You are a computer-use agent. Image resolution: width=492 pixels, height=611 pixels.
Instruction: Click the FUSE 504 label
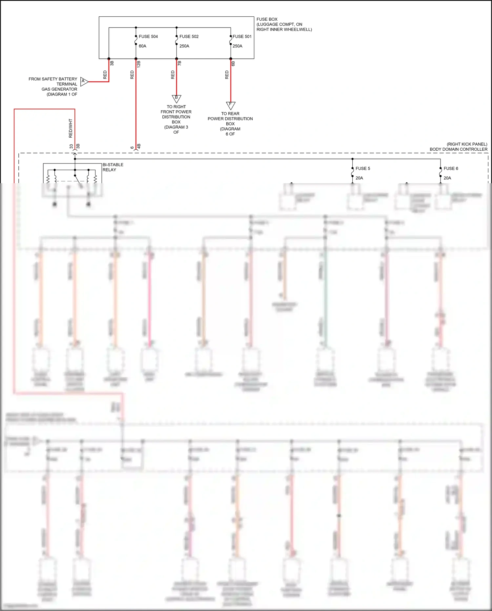(x=148, y=36)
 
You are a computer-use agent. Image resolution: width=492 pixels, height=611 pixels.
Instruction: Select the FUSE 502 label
(x=189, y=36)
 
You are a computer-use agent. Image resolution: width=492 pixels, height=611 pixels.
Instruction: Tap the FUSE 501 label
(x=242, y=36)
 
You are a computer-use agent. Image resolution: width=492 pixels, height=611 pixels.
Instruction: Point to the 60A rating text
(x=142, y=46)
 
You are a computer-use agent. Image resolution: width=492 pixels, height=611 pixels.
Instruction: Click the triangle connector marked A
(x=84, y=81)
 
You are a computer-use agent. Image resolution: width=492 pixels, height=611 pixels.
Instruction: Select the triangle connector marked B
(x=176, y=98)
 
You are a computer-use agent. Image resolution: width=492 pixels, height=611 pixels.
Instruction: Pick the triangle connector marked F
(x=231, y=105)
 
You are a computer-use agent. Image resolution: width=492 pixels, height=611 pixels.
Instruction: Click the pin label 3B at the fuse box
(x=112, y=63)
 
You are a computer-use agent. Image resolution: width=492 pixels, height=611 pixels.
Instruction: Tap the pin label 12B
(x=139, y=64)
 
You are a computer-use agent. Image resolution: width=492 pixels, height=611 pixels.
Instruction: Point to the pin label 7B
(x=179, y=63)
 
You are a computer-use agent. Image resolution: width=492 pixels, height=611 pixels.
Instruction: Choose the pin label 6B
(x=233, y=63)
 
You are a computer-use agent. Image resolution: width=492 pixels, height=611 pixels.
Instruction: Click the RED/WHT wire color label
(x=71, y=128)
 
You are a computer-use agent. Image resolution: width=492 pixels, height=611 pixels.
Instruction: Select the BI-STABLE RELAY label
(x=113, y=167)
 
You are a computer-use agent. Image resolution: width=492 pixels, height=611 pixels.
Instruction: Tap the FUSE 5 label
(x=363, y=168)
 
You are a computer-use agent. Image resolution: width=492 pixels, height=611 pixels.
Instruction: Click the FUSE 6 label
(x=451, y=168)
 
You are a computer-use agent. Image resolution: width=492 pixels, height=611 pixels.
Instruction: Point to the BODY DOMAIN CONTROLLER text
(x=458, y=149)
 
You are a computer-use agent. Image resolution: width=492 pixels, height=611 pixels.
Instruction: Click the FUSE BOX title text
(x=267, y=19)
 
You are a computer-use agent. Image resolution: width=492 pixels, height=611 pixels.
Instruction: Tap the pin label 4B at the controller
(x=139, y=146)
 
